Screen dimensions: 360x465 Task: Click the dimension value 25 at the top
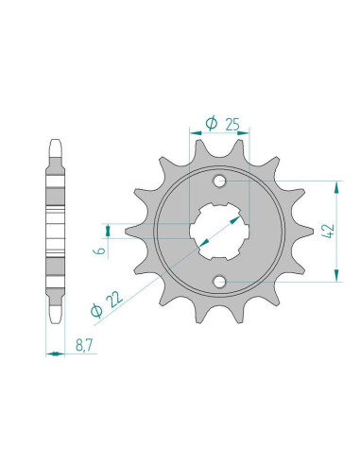[x=232, y=124]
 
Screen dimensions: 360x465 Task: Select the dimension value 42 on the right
[x=329, y=232]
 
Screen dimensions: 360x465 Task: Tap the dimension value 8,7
[x=84, y=346]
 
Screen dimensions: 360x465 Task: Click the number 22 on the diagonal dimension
[x=114, y=299]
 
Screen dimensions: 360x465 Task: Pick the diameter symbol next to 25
[x=211, y=123]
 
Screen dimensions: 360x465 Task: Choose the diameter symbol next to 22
[x=96, y=311]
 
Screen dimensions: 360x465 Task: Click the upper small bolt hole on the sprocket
[x=220, y=181]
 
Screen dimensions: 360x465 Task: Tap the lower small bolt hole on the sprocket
[x=220, y=282]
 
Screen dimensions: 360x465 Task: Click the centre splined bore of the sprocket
[x=219, y=232]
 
